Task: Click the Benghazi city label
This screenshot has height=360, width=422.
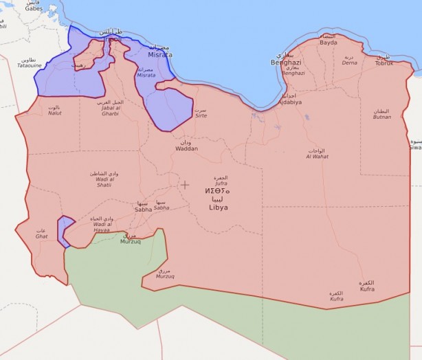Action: (x=287, y=61)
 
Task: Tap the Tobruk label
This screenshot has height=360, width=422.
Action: (x=384, y=63)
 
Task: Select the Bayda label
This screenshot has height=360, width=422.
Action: (x=329, y=42)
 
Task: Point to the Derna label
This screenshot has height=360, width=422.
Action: (x=350, y=62)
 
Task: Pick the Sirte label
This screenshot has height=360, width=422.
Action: (x=201, y=115)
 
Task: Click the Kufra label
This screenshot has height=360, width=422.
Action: (x=366, y=290)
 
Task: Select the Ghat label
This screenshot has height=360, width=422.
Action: (x=41, y=236)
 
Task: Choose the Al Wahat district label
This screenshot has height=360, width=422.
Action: (x=317, y=156)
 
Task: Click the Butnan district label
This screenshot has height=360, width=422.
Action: (x=381, y=117)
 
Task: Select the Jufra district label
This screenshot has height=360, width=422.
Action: (x=221, y=183)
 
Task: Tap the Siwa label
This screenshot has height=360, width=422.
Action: (x=415, y=147)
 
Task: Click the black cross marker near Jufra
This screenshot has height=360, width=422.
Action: (x=185, y=185)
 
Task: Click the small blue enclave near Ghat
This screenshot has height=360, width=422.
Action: (x=65, y=230)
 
